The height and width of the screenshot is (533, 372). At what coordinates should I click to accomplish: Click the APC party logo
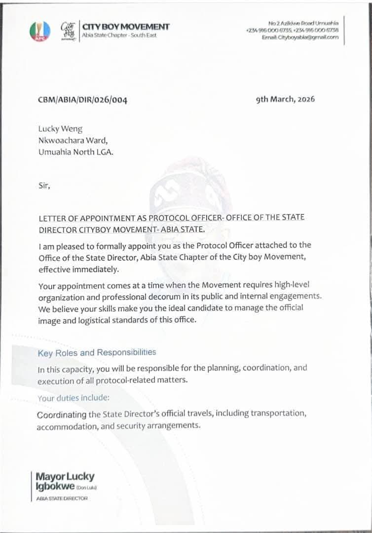pyautogui.click(x=40, y=30)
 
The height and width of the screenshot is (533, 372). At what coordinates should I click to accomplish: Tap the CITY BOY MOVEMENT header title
pyautogui.click(x=125, y=27)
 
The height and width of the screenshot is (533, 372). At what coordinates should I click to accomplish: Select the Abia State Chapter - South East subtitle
pyautogui.click(x=119, y=36)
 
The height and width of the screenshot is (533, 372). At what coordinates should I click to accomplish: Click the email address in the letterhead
pyautogui.click(x=300, y=38)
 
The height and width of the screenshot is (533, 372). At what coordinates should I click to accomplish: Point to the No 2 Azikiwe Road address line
pyautogui.click(x=303, y=23)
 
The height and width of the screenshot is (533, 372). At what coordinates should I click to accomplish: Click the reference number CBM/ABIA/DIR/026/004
pyautogui.click(x=82, y=100)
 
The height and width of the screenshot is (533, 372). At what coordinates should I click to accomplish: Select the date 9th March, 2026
pyautogui.click(x=285, y=99)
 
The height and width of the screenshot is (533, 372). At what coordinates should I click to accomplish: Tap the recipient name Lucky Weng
pyautogui.click(x=60, y=129)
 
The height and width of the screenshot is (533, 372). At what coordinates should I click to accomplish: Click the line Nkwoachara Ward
pyautogui.click(x=76, y=141)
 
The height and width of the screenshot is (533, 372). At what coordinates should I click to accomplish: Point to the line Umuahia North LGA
pyautogui.click(x=75, y=152)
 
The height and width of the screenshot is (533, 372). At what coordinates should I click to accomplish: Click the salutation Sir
pyautogui.click(x=44, y=186)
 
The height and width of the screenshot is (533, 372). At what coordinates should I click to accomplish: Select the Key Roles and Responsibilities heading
pyautogui.click(x=97, y=352)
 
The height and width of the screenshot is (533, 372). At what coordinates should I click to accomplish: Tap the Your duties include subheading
pyautogui.click(x=74, y=398)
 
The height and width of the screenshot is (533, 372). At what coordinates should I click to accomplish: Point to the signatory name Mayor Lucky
pyautogui.click(x=65, y=477)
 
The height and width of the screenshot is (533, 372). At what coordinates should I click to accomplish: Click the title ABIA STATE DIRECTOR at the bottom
pyautogui.click(x=62, y=498)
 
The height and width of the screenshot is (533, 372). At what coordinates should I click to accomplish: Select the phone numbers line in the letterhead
pyautogui.click(x=292, y=31)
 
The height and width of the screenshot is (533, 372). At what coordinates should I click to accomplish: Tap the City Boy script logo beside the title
pyautogui.click(x=68, y=30)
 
